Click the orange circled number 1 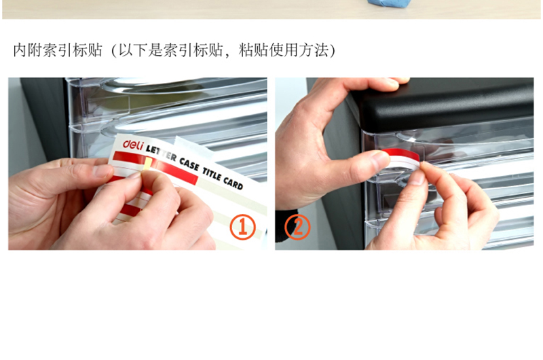[x=243, y=227]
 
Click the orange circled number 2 [x=297, y=227]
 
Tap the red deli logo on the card [x=133, y=145]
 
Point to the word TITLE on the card [x=212, y=175]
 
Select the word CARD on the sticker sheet [x=233, y=183]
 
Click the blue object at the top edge [x=388, y=3]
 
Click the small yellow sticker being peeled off [x=148, y=164]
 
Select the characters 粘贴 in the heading [x=253, y=50]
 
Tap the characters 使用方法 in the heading [x=299, y=50]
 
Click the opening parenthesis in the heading [x=114, y=50]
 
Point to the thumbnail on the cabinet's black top [x=401, y=80]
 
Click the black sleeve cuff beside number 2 [x=286, y=226]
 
